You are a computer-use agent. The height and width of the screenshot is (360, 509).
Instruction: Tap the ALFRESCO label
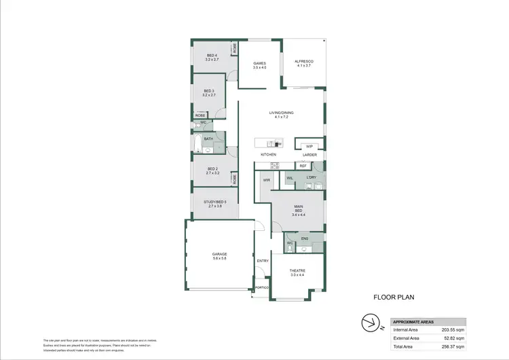coord(303,62)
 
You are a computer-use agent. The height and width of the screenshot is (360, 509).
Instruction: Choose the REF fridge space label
coord(303,166)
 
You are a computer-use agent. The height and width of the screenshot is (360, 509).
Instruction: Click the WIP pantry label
coord(309,146)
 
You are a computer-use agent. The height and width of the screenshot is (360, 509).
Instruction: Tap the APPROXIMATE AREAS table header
coord(415,321)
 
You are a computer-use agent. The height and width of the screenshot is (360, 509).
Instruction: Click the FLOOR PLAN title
coord(394,297)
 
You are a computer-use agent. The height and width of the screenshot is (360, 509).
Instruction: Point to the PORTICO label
coord(261,288)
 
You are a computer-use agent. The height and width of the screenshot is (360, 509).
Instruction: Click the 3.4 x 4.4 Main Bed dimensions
coord(298,215)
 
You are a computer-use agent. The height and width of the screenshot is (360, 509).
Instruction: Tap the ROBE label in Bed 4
coord(235,49)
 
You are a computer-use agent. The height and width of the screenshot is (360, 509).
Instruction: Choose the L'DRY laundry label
coord(312,178)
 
